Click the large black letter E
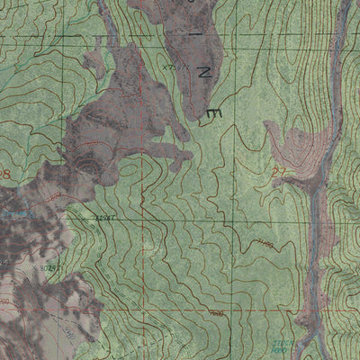[x=213, y=112]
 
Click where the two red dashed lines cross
[x=141, y=218]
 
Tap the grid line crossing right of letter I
[x=238, y=32]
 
